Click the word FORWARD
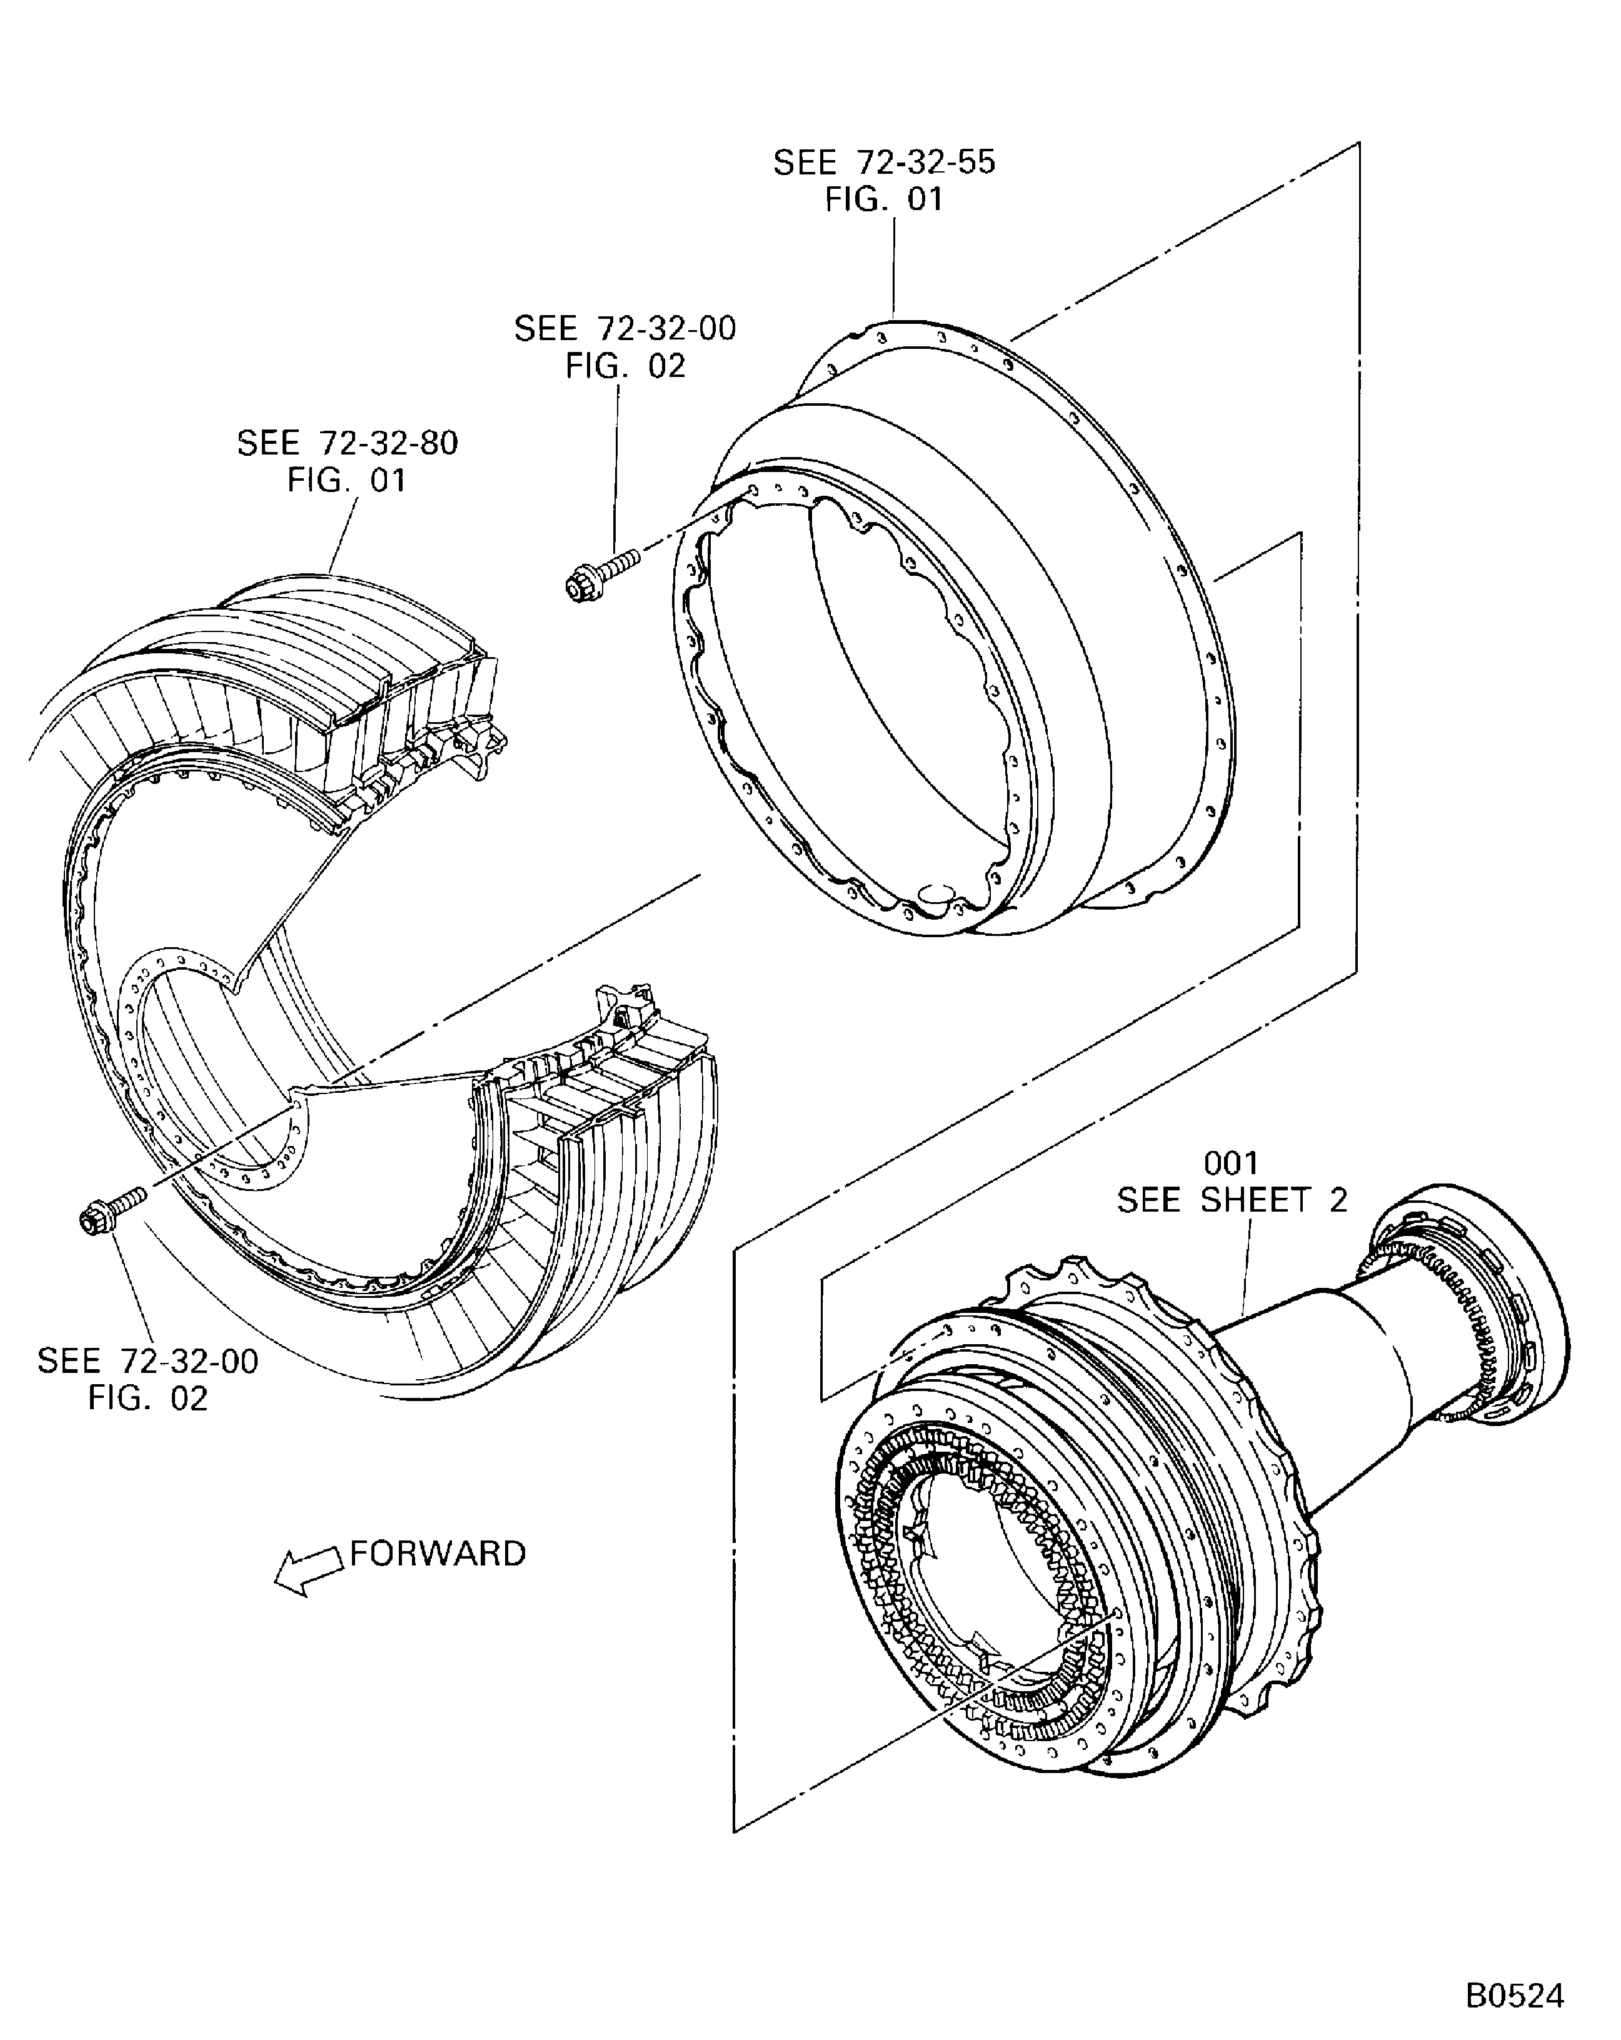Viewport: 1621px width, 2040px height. [x=437, y=1554]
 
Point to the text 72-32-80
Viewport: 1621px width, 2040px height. [x=388, y=443]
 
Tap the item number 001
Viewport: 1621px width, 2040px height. [x=1230, y=1162]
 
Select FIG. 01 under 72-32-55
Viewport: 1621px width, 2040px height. [x=884, y=199]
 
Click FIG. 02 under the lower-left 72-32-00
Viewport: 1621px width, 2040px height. [x=148, y=1397]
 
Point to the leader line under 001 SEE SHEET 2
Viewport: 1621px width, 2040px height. [x=1247, y=1268]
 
